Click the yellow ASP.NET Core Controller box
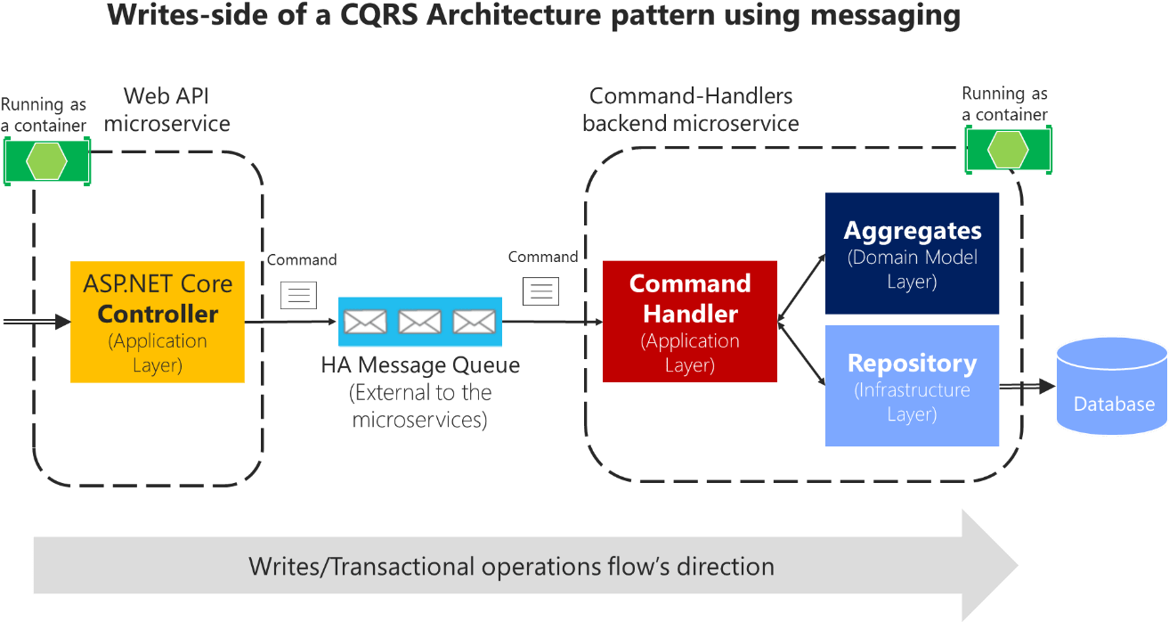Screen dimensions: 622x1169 [x=158, y=322]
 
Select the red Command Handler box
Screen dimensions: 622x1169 [x=690, y=321]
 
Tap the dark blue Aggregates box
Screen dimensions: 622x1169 [x=912, y=253]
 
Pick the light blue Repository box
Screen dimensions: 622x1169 [x=912, y=385]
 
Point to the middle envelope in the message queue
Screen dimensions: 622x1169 [x=419, y=321]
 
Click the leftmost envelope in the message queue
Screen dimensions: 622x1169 [x=365, y=321]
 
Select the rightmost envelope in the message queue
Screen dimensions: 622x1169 [x=474, y=321]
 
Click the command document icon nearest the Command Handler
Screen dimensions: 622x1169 [x=540, y=291]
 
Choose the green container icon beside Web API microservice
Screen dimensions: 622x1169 [x=46, y=160]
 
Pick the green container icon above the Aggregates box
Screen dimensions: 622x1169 [x=1008, y=149]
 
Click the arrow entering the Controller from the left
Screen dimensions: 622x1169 [x=36, y=322]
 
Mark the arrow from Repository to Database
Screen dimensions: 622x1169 [x=1027, y=387]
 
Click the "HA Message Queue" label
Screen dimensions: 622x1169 [x=420, y=365]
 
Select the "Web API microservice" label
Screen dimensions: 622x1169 [x=167, y=110]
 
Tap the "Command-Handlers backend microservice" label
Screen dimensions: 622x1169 [x=691, y=110]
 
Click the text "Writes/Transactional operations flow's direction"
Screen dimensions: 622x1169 [x=511, y=566]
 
